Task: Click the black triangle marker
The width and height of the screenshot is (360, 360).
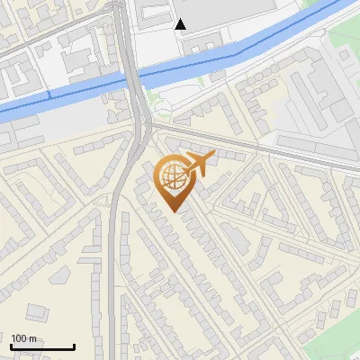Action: (181, 24)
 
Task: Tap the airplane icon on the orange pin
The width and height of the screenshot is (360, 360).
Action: (199, 163)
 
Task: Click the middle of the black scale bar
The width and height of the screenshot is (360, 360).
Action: (42, 346)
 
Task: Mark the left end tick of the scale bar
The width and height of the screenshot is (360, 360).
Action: (11, 346)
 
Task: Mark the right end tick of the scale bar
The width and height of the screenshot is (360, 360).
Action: (74, 346)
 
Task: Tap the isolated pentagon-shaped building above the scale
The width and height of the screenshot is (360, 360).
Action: (36, 311)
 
